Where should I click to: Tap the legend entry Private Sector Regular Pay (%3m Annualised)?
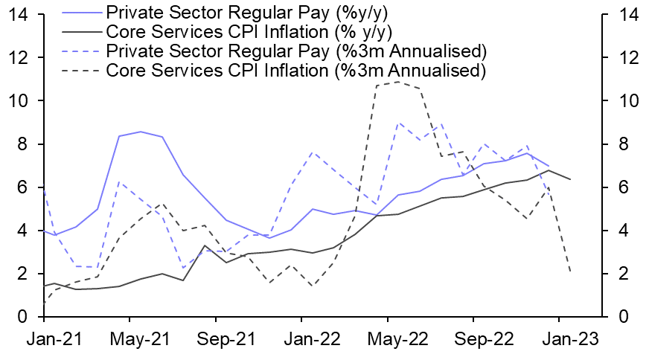296,51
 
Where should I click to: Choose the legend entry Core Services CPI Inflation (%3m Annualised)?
295,71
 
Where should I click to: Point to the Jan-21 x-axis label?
45,338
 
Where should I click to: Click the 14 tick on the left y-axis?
19,14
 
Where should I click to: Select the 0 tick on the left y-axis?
24,318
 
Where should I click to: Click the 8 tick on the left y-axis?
24,144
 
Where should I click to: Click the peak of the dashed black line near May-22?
397,81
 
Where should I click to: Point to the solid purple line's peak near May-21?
141,132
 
